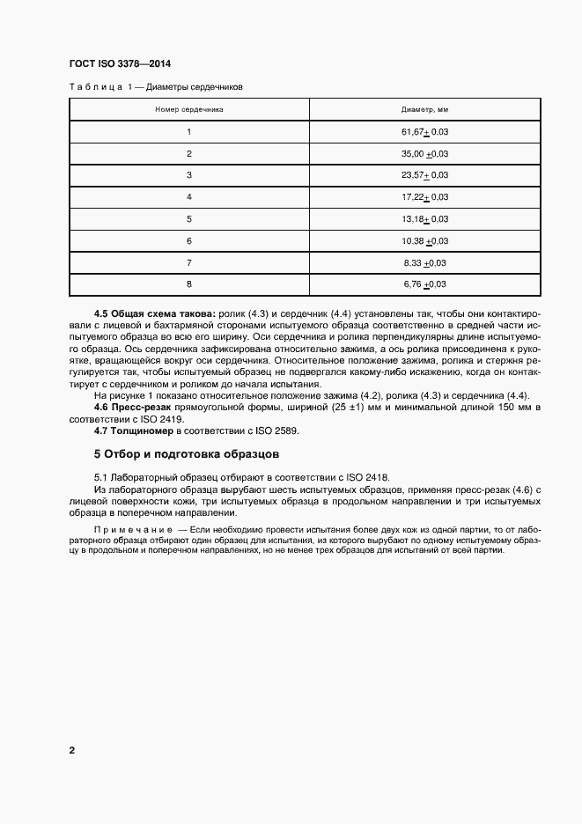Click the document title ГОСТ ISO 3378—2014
[x=119, y=65]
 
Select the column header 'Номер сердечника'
[x=188, y=110]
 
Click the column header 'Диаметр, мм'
[x=425, y=110]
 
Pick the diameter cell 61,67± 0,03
[x=425, y=132]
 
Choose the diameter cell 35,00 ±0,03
[x=425, y=154]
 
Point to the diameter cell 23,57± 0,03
[x=425, y=175]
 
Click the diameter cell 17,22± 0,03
[x=425, y=197]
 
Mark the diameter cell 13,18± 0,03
[x=425, y=218]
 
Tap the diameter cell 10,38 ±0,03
[x=425, y=240]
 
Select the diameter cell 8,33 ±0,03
[x=425, y=262]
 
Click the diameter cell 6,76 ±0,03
[x=425, y=283]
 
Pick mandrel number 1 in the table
[x=188, y=132]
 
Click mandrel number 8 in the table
[x=188, y=283]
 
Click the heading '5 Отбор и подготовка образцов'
[x=186, y=455]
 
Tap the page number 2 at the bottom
[x=71, y=751]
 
